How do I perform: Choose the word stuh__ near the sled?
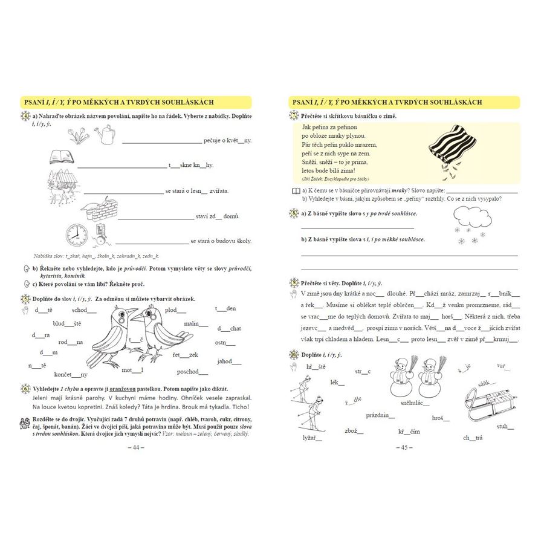tap(505, 426)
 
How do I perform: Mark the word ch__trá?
tap(472, 438)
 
